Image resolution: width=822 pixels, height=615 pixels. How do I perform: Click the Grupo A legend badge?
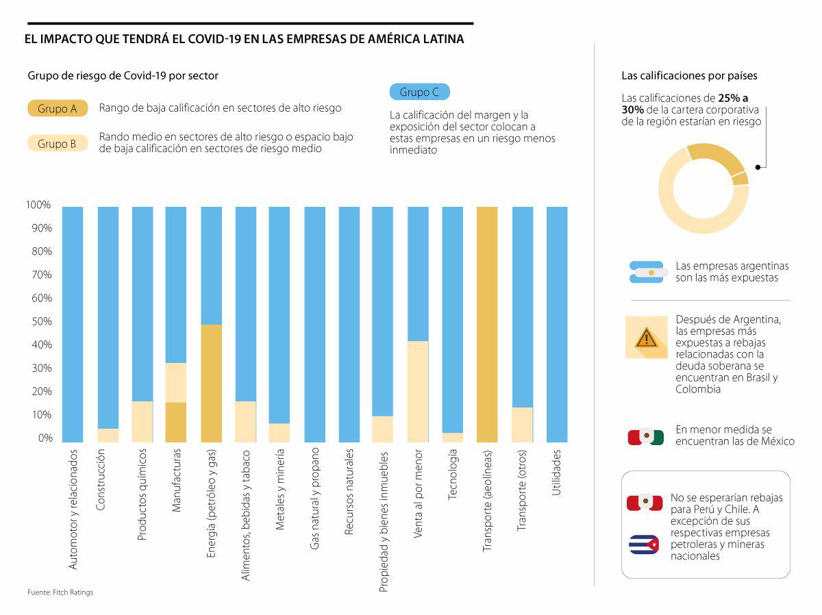(x=58, y=108)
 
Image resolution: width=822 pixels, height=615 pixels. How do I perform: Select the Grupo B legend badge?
(x=58, y=143)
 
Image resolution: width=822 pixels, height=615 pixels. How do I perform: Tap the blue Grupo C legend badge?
(x=419, y=92)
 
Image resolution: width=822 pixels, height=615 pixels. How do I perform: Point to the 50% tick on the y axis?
(x=39, y=322)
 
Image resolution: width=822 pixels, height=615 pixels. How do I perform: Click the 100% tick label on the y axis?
(x=38, y=205)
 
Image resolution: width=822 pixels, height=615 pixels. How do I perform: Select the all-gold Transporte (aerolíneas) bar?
(x=486, y=324)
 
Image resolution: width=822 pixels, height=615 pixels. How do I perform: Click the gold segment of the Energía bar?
(x=211, y=383)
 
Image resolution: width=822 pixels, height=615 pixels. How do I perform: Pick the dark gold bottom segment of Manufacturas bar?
(x=176, y=422)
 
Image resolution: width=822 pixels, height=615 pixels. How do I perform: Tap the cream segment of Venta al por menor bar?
(x=417, y=391)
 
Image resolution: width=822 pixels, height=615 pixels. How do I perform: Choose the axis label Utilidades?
(x=557, y=472)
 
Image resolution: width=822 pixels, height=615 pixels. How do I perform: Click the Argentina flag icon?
(x=646, y=272)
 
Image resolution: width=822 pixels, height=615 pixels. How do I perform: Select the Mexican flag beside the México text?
(x=646, y=437)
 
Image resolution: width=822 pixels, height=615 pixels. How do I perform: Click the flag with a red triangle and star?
(x=644, y=544)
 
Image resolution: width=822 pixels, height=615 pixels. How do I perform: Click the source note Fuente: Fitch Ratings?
(x=60, y=592)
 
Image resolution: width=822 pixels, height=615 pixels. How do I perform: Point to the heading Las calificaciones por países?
(x=689, y=76)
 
